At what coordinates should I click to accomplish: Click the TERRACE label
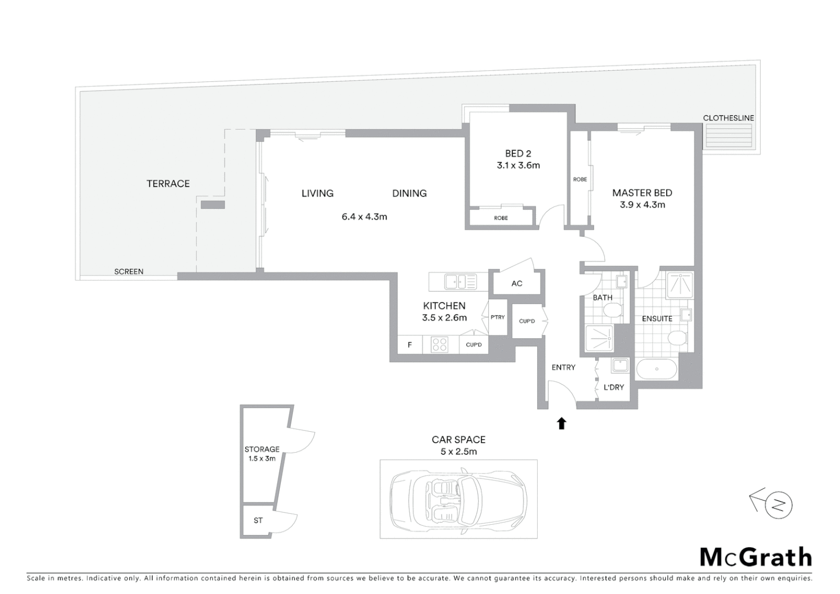pyautogui.click(x=168, y=184)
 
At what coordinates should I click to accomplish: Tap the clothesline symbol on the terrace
pyautogui.click(x=728, y=135)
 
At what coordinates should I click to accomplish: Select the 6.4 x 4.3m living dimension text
pyautogui.click(x=364, y=217)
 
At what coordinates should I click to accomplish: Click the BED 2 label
pyautogui.click(x=518, y=153)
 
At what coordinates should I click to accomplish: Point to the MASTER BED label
pyautogui.click(x=642, y=193)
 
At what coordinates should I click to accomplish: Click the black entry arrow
pyautogui.click(x=561, y=423)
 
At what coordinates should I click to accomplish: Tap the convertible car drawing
pyautogui.click(x=458, y=499)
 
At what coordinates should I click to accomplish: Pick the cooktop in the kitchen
pyautogui.click(x=439, y=345)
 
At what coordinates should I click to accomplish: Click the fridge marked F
pyautogui.click(x=410, y=345)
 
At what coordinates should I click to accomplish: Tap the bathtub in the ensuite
pyautogui.click(x=656, y=369)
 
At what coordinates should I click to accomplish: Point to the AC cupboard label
pyautogui.click(x=517, y=284)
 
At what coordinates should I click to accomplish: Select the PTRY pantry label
pyautogui.click(x=498, y=317)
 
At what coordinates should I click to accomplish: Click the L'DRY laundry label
pyautogui.click(x=614, y=387)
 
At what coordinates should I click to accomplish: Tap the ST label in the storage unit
pyautogui.click(x=258, y=520)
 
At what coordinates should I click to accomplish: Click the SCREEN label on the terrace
pyautogui.click(x=129, y=272)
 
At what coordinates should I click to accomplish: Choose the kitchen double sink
pyautogui.click(x=460, y=282)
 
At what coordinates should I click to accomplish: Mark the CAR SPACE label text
pyautogui.click(x=458, y=440)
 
